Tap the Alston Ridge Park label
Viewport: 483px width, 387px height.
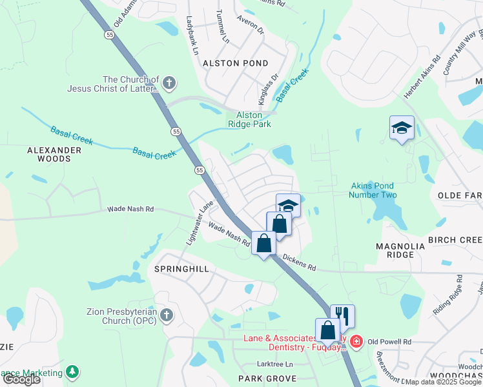249,119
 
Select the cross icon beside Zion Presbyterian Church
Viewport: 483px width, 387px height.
167,315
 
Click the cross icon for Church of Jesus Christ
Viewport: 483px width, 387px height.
169,83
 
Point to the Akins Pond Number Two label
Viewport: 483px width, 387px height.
372,190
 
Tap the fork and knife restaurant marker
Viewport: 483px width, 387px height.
343,316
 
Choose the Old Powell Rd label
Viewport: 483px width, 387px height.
389,341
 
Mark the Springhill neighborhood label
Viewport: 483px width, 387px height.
181,268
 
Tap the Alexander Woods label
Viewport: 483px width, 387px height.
54,154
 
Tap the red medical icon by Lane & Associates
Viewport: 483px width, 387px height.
355,341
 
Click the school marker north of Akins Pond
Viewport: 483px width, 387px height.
401,128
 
